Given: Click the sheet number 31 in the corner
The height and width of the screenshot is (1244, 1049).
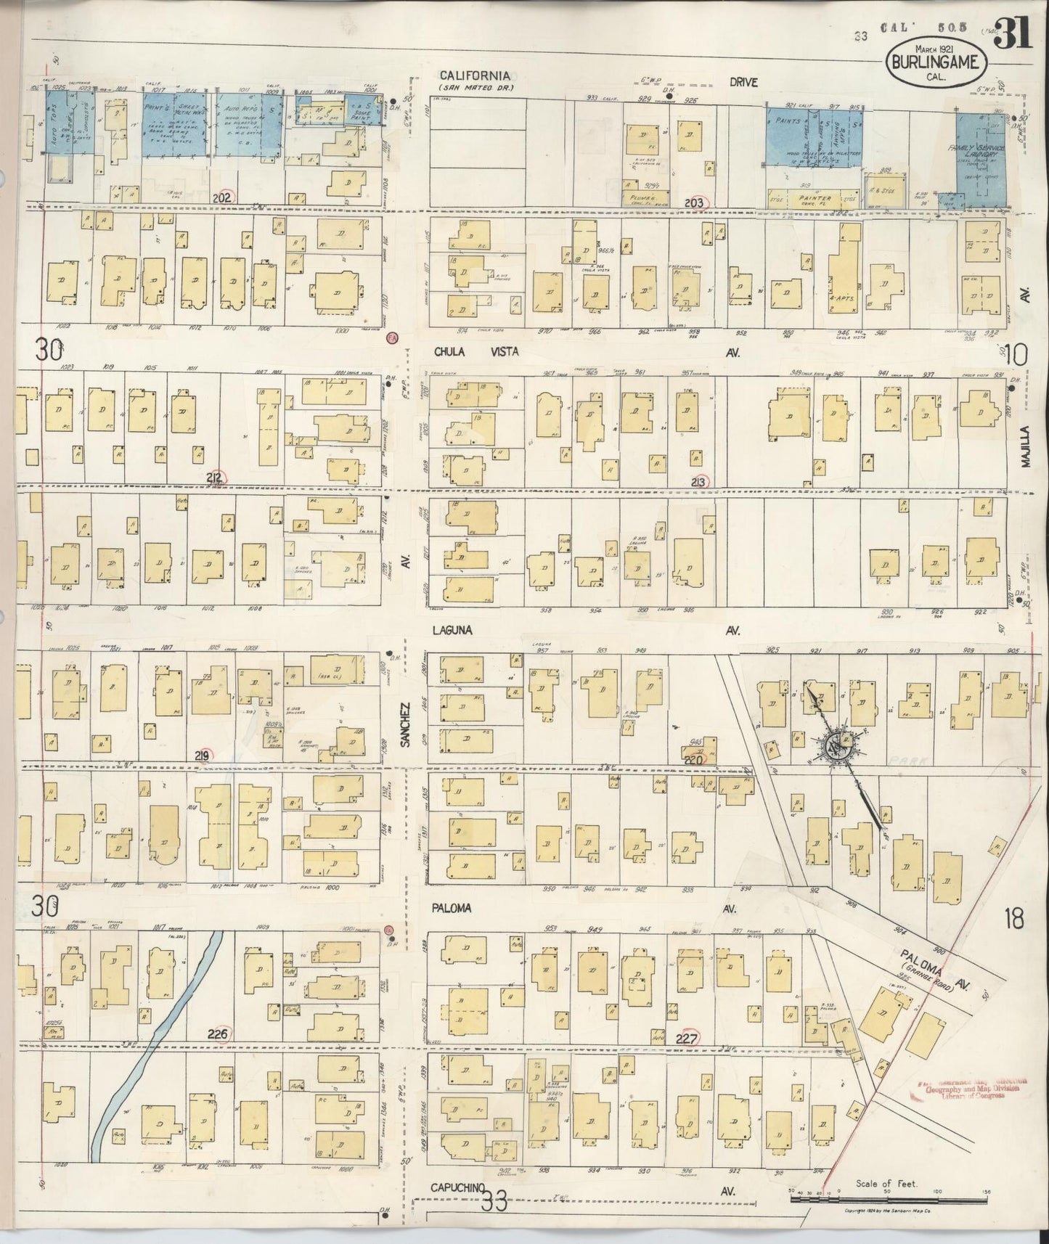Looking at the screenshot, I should [1016, 34].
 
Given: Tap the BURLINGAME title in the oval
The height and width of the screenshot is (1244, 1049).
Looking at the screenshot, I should [936, 61].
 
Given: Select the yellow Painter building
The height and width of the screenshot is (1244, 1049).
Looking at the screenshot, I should [815, 197].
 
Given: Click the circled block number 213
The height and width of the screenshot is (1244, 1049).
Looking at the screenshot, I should [700, 481].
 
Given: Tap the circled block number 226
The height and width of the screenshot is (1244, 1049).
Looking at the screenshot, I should [218, 1034].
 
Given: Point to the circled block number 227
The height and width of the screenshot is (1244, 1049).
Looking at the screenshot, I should [686, 1039].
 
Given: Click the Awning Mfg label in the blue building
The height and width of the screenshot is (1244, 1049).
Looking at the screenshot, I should [839, 133].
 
